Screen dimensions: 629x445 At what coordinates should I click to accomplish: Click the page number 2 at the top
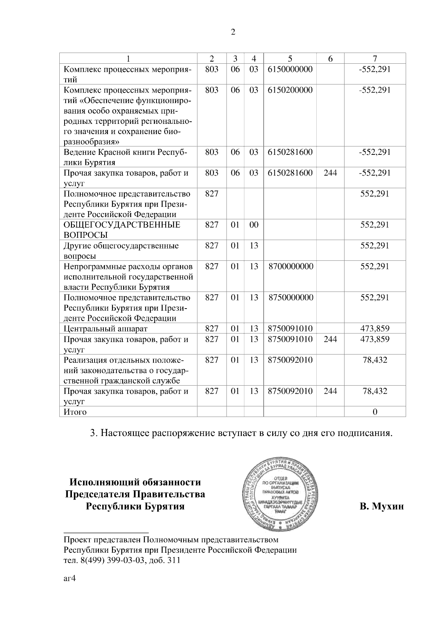(x=233, y=32)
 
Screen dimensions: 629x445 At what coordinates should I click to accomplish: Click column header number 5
(x=290, y=59)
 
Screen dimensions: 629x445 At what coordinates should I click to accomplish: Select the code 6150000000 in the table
(x=290, y=69)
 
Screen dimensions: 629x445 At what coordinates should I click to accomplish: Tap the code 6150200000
(x=290, y=90)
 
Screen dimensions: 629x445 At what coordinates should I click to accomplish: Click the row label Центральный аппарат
(x=106, y=329)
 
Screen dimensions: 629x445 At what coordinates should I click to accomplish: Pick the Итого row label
(x=75, y=412)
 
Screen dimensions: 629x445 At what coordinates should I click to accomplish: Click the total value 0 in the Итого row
(x=375, y=412)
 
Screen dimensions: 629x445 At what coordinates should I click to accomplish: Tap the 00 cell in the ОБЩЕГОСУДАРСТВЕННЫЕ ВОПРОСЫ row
(x=254, y=225)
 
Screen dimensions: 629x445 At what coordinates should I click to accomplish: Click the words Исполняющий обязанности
(x=135, y=482)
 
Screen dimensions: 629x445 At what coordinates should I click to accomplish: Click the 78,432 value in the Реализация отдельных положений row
(x=375, y=360)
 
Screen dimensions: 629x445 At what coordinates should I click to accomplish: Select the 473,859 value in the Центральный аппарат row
(x=375, y=329)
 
